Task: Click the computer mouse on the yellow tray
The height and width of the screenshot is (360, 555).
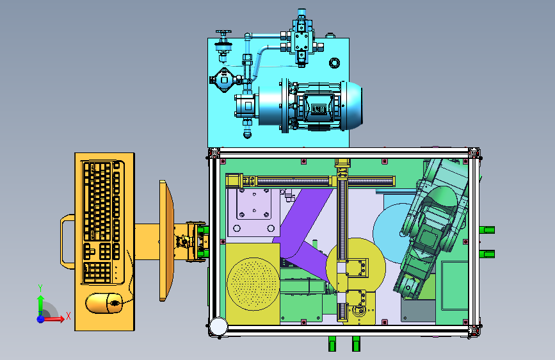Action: [104, 303]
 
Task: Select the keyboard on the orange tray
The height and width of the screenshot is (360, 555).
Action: [102, 222]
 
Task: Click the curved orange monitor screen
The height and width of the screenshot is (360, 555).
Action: [166, 241]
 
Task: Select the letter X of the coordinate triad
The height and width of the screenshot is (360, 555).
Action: [68, 316]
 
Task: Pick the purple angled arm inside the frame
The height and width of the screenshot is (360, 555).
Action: [303, 232]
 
